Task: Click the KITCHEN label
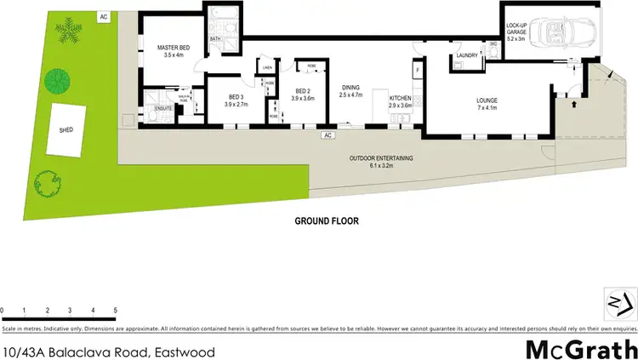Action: [401, 98]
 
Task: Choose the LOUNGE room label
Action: [487, 100]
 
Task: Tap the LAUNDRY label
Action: [468, 56]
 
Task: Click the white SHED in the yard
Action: [67, 130]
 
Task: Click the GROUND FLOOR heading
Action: [327, 220]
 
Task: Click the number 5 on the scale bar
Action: [114, 309]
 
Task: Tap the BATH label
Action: [215, 38]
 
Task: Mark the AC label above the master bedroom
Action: [104, 16]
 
